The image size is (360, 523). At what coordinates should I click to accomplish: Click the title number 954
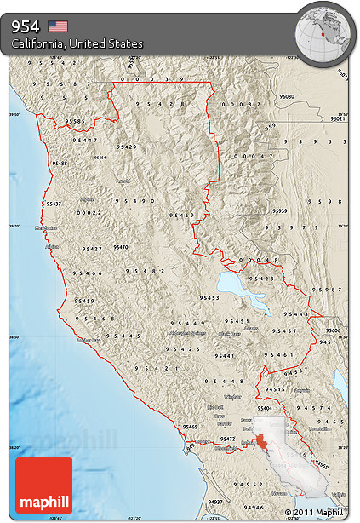coord(26,26)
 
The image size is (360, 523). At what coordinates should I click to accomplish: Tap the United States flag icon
coord(58,26)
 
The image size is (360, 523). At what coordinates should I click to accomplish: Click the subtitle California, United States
coord(77,43)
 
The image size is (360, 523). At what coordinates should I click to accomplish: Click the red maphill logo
coord(43,485)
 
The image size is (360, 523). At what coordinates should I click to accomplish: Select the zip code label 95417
coord(85,140)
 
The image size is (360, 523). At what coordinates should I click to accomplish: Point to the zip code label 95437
coord(54,204)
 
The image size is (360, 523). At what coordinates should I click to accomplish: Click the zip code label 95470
coord(120,247)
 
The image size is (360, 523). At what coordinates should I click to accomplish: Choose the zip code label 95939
coord(280,210)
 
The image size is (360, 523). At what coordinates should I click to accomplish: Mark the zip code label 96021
coord(339,119)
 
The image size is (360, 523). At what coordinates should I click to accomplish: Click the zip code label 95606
coord(333,330)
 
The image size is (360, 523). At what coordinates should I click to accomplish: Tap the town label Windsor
coord(231,396)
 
